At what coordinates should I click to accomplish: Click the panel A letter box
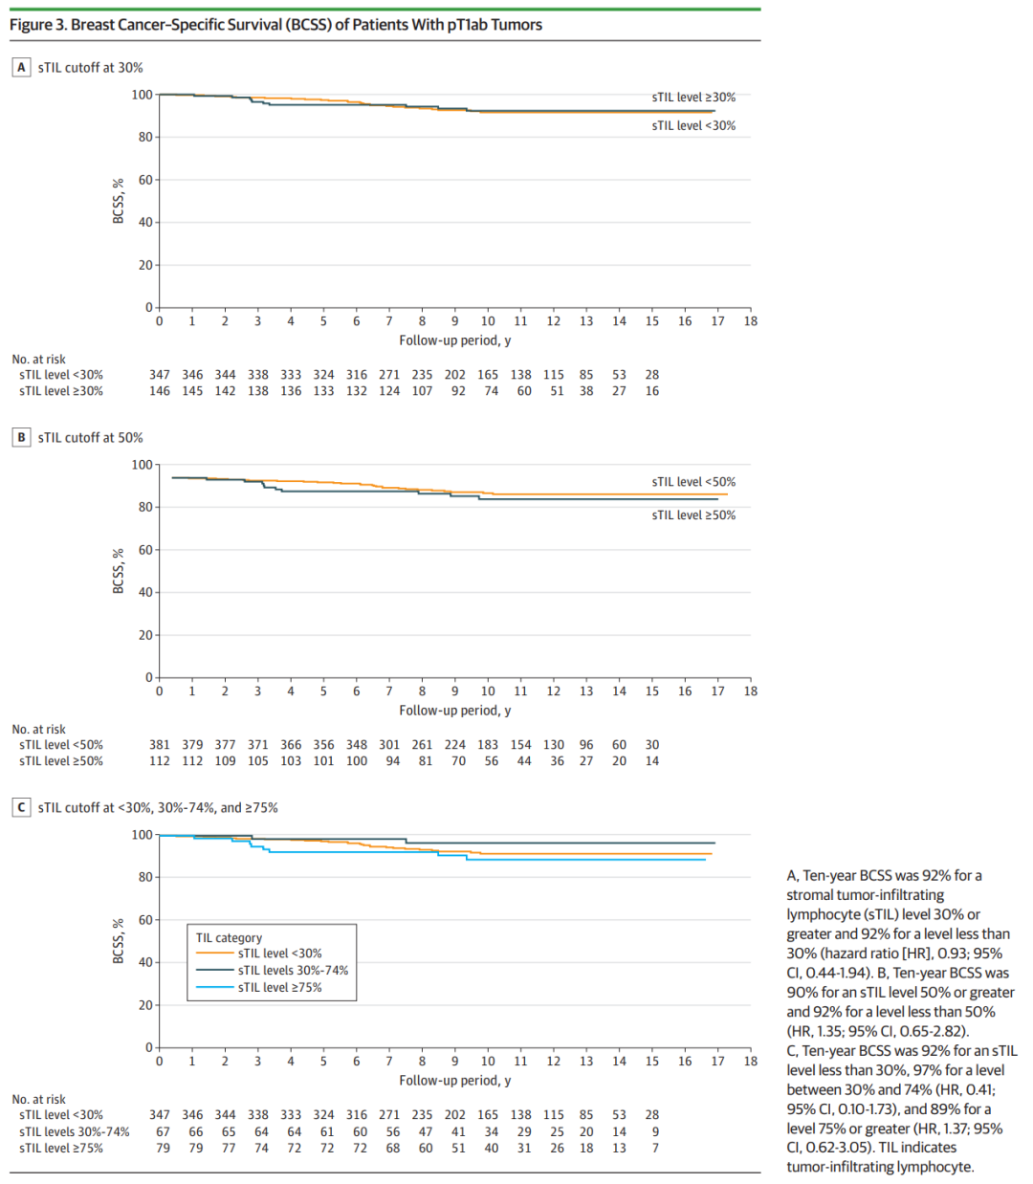coord(21,67)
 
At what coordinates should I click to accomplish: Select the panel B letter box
coord(21,437)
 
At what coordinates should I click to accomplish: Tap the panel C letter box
coord(21,807)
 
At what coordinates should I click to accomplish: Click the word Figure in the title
coord(32,25)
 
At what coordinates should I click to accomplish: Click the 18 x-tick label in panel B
coord(750,691)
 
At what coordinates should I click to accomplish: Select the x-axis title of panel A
coord(454,340)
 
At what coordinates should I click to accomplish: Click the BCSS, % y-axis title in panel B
coord(119,571)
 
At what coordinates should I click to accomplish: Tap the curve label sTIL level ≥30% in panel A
coord(693,97)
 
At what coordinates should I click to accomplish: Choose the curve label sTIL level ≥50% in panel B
coord(693,515)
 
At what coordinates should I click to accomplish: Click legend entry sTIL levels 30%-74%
coord(293,970)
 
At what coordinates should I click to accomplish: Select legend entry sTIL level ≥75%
coord(279,987)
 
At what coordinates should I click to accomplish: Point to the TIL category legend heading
coord(229,937)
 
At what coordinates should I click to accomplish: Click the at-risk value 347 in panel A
coord(160,375)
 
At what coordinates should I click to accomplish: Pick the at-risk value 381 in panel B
coord(160,744)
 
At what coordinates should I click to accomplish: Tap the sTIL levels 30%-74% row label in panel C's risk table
coord(75,1131)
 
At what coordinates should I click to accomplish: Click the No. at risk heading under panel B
coord(39,729)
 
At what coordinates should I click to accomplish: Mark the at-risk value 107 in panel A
coord(422,390)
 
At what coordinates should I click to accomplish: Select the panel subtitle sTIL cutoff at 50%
coord(90,437)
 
